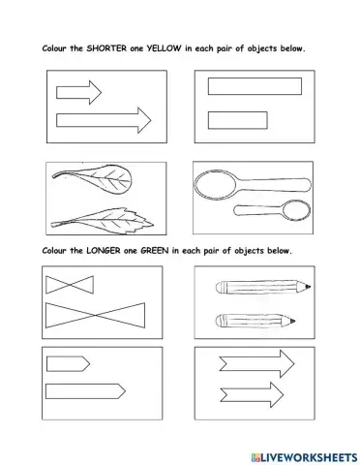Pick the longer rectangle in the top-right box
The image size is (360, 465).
[x=253, y=86]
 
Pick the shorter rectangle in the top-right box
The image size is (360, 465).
[x=238, y=120]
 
